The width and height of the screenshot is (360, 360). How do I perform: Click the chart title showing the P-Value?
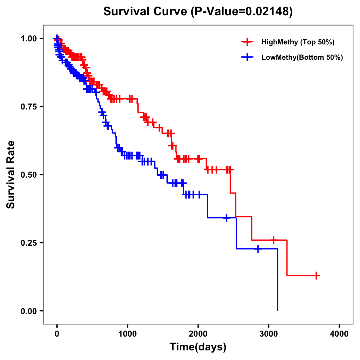198,11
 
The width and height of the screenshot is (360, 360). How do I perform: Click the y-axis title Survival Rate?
11,174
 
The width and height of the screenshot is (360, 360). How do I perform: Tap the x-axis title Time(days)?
198,347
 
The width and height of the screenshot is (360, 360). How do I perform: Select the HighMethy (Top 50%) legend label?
298,42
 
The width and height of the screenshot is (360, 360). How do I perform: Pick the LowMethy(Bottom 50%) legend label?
302,57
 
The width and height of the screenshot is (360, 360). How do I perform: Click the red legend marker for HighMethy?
247,42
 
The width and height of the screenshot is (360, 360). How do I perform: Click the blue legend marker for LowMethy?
247,57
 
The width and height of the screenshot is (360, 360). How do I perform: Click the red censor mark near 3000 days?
273,240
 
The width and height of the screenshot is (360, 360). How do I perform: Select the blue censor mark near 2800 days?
258,249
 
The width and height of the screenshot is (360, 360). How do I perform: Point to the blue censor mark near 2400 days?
226,218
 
